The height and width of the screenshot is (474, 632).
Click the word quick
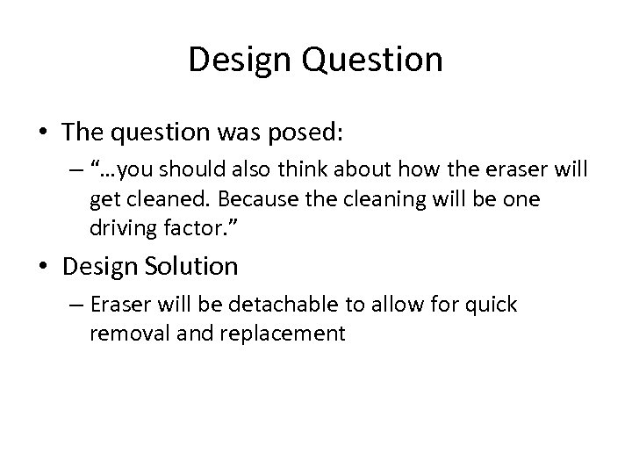click(x=492, y=305)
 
